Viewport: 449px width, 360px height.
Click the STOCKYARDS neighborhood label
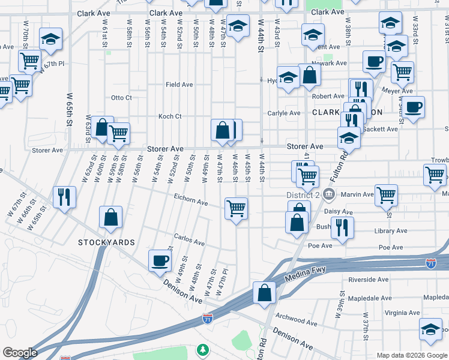[106, 242]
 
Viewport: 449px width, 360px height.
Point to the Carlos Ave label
[189, 241]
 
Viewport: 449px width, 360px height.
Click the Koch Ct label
[169, 116]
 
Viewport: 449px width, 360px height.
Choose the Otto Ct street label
[121, 98]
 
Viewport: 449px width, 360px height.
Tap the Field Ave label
[179, 85]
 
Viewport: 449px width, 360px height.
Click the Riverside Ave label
[368, 280]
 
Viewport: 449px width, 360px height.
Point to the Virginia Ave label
[402, 313]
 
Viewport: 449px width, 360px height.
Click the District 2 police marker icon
[328, 194]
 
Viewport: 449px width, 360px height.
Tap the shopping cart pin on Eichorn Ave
[237, 209]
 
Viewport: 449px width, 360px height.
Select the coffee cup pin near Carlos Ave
[160, 260]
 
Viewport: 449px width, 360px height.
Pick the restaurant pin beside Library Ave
[342, 227]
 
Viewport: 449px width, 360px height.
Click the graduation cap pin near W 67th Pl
[51, 40]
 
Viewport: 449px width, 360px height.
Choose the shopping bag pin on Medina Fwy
[264, 293]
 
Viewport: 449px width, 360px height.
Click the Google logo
[20, 353]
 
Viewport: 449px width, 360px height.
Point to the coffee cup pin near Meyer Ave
[413, 107]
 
